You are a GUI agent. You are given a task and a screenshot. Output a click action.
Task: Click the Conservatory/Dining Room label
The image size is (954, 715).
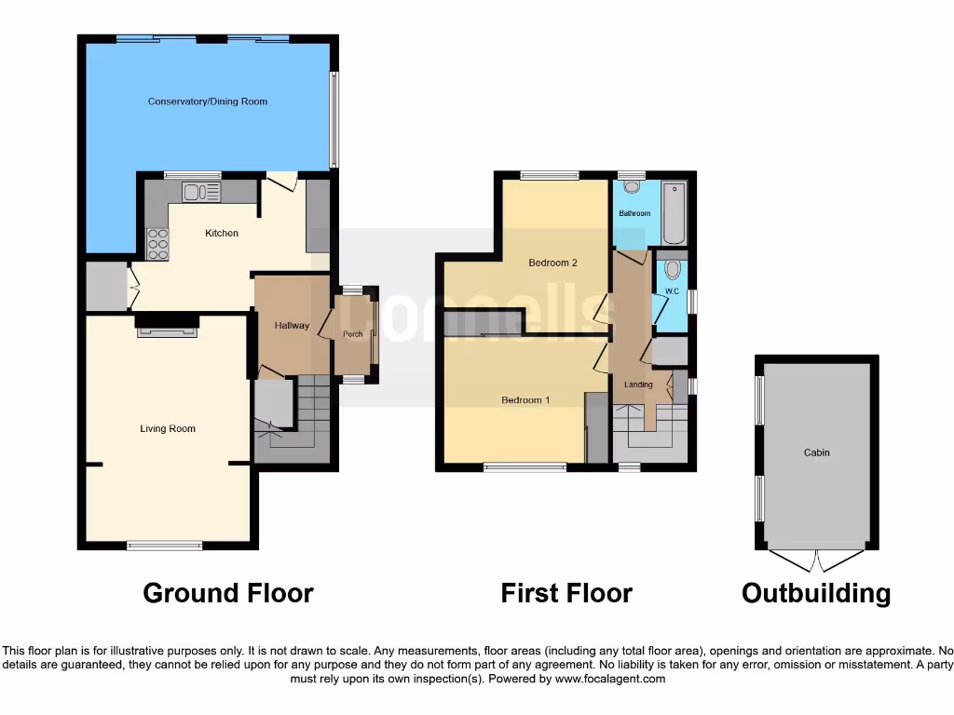(208, 101)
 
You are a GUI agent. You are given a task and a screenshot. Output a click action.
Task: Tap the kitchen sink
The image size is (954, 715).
(201, 193)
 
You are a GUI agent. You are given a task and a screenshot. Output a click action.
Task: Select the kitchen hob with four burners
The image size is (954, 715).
(157, 244)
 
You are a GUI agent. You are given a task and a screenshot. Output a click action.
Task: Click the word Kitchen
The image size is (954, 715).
(222, 233)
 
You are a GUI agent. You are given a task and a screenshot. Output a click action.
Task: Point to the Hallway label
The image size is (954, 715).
(292, 326)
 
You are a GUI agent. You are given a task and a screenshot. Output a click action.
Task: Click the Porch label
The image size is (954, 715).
(353, 334)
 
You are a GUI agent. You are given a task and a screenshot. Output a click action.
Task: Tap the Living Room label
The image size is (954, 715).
(168, 429)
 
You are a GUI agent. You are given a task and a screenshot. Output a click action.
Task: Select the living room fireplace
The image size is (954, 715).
(167, 326)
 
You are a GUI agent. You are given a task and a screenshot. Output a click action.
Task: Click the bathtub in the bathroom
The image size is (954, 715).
(674, 213)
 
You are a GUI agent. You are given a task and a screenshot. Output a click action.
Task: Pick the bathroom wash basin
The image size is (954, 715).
(634, 187)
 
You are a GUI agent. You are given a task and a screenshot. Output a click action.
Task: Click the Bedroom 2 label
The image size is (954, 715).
(552, 263)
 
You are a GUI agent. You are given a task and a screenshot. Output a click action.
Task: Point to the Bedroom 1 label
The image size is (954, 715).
(525, 400)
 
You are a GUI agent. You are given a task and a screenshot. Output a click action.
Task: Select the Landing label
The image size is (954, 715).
(638, 384)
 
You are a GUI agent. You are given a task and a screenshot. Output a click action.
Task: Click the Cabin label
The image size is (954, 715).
(816, 452)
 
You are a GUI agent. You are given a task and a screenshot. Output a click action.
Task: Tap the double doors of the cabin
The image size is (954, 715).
(816, 560)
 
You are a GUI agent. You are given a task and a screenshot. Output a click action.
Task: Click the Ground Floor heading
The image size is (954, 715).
(228, 593)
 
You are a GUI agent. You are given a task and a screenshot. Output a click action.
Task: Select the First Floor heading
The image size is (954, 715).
(566, 593)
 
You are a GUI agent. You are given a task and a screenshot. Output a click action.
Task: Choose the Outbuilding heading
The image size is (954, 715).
(816, 593)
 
